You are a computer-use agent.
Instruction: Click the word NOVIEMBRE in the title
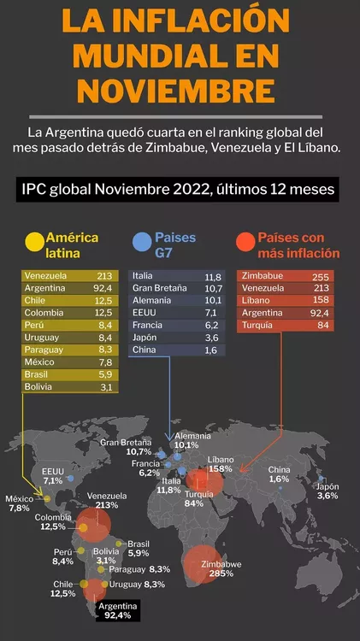pyautogui.click(x=180, y=89)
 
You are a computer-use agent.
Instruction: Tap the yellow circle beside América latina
pyautogui.click(x=33, y=243)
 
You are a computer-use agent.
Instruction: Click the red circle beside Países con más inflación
pyautogui.click(x=245, y=243)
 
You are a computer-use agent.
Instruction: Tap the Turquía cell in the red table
pyautogui.click(x=264, y=326)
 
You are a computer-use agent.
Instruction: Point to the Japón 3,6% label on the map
pyautogui.click(x=328, y=491)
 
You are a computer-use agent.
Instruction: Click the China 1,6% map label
pyautogui.click(x=279, y=474)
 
